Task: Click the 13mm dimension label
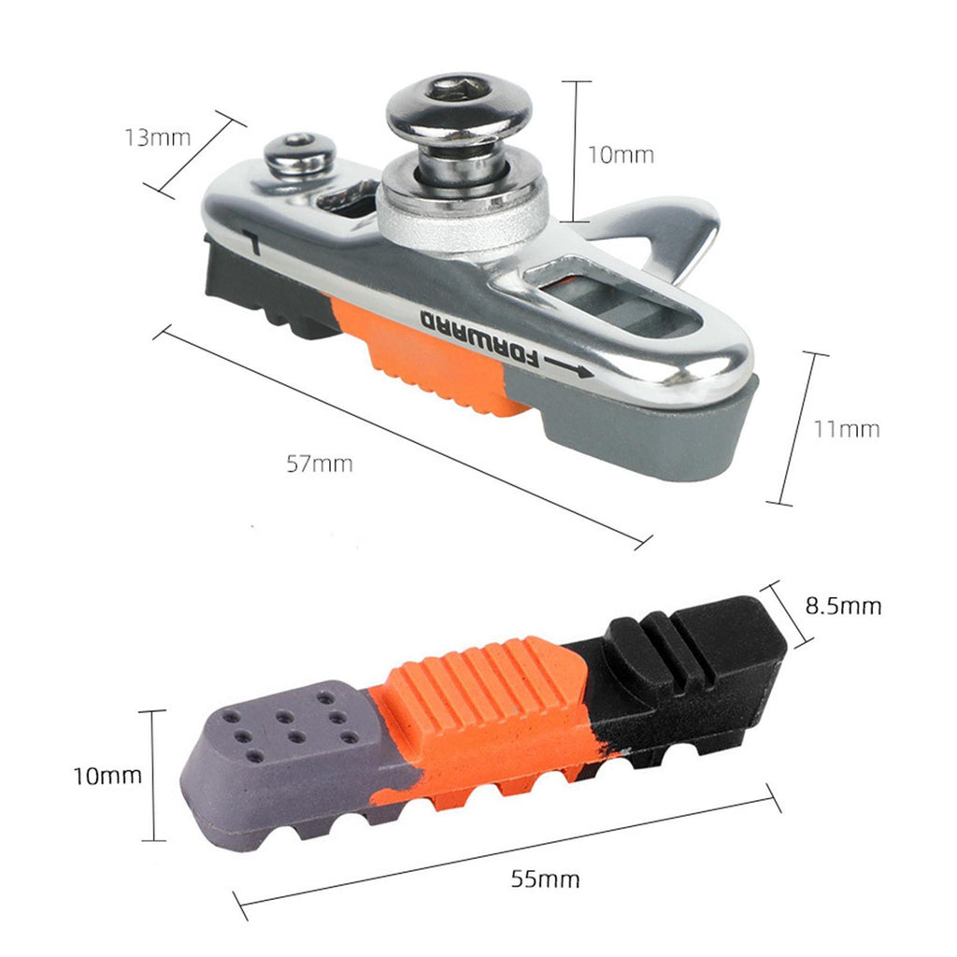[x=157, y=138]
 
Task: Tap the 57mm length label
[x=320, y=464]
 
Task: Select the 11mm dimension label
[x=847, y=429]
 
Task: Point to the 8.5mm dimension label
[x=844, y=606]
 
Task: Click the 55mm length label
[x=545, y=878]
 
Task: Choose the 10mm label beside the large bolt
[x=621, y=154]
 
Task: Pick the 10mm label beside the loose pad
[x=107, y=776]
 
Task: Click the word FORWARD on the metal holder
[x=481, y=339]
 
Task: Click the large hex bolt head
[x=459, y=107]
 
